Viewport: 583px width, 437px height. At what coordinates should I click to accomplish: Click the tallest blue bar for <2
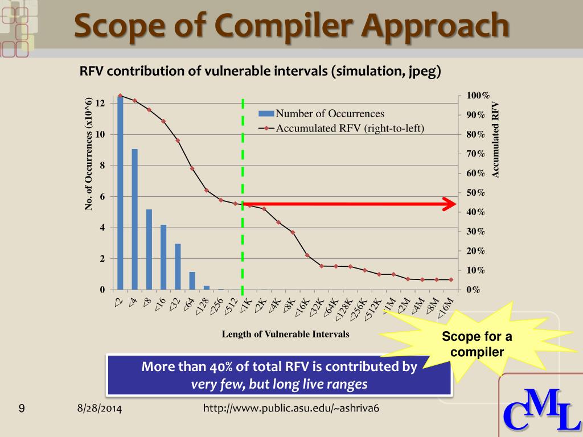[120, 193]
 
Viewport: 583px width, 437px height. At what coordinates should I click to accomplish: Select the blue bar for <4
[135, 219]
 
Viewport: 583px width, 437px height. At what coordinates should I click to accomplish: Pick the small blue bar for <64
[192, 281]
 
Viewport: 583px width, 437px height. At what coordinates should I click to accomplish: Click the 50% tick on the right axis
[475, 193]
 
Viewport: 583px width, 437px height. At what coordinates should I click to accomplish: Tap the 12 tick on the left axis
[100, 104]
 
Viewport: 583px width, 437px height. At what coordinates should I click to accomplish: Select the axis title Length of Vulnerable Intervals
[285, 334]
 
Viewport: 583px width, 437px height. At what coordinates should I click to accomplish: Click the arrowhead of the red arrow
[450, 204]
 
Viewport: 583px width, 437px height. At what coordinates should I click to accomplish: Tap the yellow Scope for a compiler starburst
[477, 344]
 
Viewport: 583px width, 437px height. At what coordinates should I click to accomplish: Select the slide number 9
[22, 408]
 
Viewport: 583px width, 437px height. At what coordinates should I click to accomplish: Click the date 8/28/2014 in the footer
[100, 409]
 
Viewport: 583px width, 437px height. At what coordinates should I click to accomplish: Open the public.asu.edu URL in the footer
[291, 409]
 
